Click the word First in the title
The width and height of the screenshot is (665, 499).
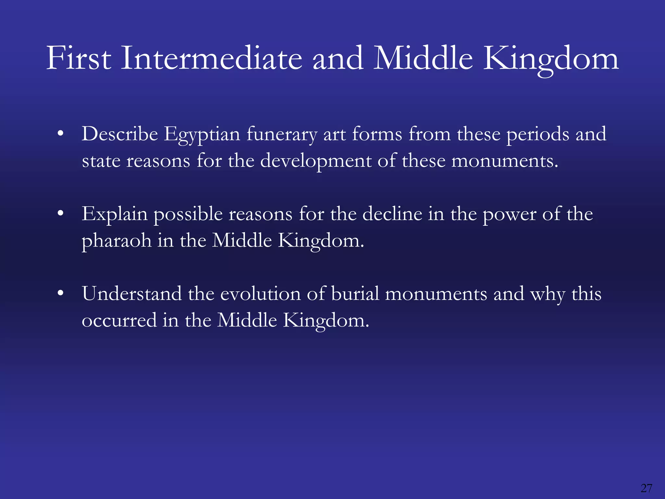[x=79, y=58]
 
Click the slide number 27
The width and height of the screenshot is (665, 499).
[x=646, y=488]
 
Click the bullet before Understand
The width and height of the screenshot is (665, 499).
[x=60, y=293]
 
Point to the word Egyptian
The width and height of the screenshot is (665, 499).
[x=201, y=134]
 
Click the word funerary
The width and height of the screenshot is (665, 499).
[x=282, y=134]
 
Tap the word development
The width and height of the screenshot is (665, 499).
[x=316, y=161]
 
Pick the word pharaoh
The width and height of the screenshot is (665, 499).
[x=116, y=241]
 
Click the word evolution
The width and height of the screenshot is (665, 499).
[x=260, y=294]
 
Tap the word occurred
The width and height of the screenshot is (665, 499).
[x=119, y=321]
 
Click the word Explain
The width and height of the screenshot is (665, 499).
[x=114, y=214]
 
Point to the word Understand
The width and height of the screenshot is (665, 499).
[x=132, y=294]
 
